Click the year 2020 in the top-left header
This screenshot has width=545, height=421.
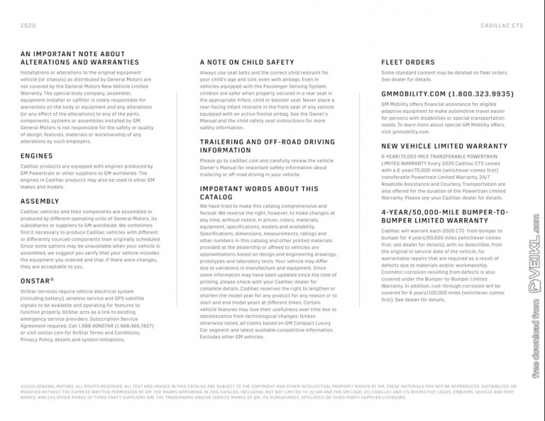click(28, 25)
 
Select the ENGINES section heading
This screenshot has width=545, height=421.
click(36, 156)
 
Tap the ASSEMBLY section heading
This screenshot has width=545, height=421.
click(40, 201)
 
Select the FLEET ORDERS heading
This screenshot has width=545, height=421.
click(408, 62)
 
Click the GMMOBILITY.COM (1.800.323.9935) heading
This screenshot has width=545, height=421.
click(447, 93)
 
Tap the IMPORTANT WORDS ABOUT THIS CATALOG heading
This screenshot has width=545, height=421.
click(259, 193)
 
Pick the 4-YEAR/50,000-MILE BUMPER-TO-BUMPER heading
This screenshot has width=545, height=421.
click(445, 215)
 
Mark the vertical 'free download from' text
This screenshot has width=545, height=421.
click(534, 337)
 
